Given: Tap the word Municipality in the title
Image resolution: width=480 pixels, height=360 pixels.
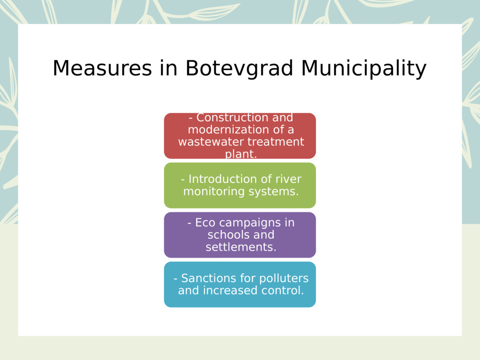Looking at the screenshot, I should [363, 68].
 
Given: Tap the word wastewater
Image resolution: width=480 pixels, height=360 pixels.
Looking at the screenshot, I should [211, 142].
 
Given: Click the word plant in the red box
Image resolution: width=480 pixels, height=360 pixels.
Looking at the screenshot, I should [240, 154].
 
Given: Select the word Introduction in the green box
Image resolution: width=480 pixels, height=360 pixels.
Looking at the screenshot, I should [216, 179].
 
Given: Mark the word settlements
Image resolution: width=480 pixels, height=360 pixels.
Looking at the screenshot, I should [240, 247].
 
